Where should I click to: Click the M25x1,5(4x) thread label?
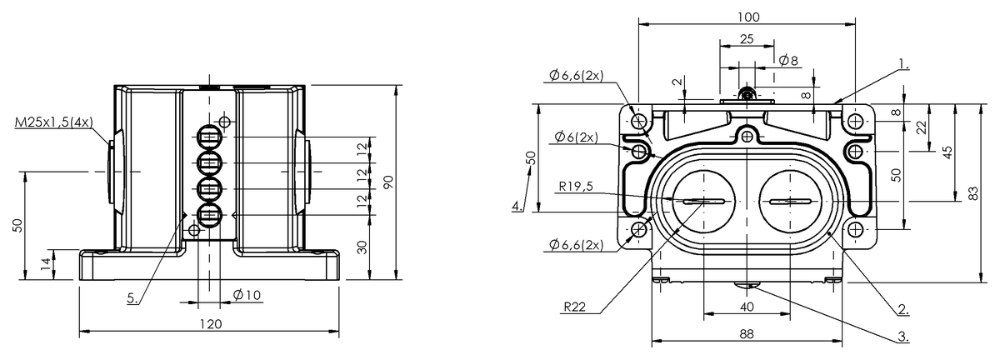coord(54,122)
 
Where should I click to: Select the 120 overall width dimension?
coord(210,324)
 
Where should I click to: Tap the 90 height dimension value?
coord(389,182)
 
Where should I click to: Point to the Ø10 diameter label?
coord(247,295)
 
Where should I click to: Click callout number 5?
coord(132,298)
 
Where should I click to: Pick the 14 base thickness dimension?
coord(46,264)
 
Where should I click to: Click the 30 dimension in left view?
coord(363,247)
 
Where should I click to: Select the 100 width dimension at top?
coord(748,17)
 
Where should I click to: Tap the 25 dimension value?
coord(747,39)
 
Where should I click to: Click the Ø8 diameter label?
coord(788,60)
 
